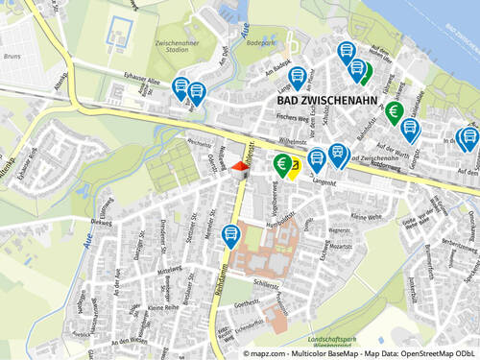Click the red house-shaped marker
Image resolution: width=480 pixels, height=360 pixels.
coord(239,167)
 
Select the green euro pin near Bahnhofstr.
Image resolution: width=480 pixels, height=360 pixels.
coord(394,112)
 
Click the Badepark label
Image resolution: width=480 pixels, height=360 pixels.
coord(261,44)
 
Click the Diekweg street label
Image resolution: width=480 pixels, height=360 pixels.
coord(101,221)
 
